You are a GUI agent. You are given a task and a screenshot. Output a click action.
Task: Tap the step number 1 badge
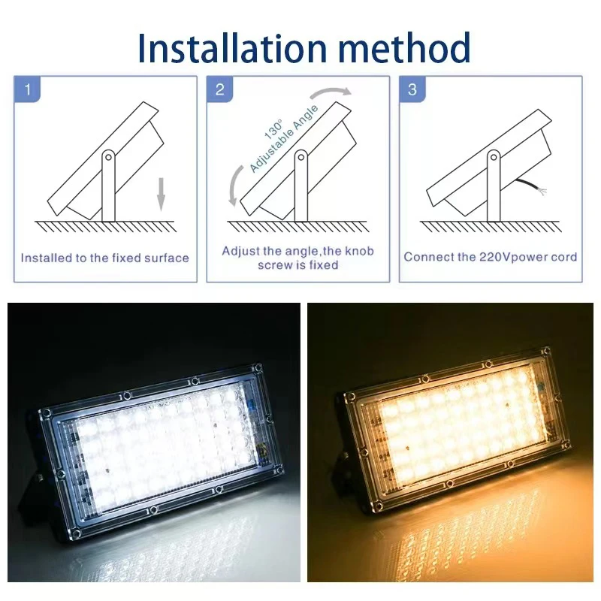[28, 90]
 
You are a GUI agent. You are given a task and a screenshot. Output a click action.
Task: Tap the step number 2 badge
[219, 90]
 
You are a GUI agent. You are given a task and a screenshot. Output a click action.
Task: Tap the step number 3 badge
[412, 90]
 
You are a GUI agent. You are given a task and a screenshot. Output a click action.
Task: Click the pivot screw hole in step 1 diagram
[108, 159]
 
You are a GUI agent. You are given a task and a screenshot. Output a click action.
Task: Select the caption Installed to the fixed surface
[104, 258]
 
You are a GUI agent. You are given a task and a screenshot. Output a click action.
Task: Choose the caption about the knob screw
[297, 258]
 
